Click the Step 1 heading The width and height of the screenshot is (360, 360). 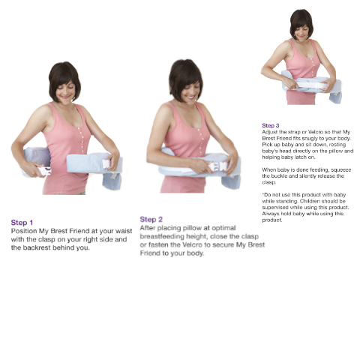(x=22, y=223)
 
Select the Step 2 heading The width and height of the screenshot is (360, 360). (x=151, y=219)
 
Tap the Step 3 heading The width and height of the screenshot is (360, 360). (x=271, y=125)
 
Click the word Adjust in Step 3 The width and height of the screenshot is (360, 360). (x=270, y=131)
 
